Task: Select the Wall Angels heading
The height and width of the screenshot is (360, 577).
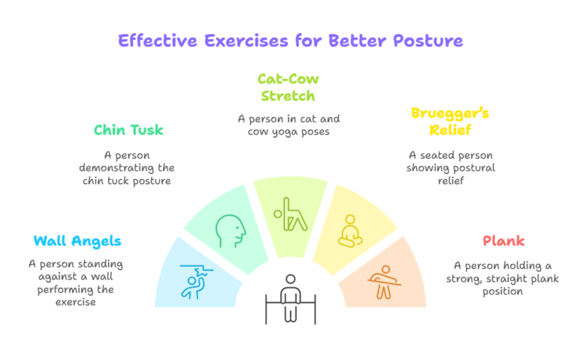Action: tap(77, 241)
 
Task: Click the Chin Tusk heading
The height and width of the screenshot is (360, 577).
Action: tap(128, 130)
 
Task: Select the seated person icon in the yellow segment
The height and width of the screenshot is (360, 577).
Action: tap(348, 231)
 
